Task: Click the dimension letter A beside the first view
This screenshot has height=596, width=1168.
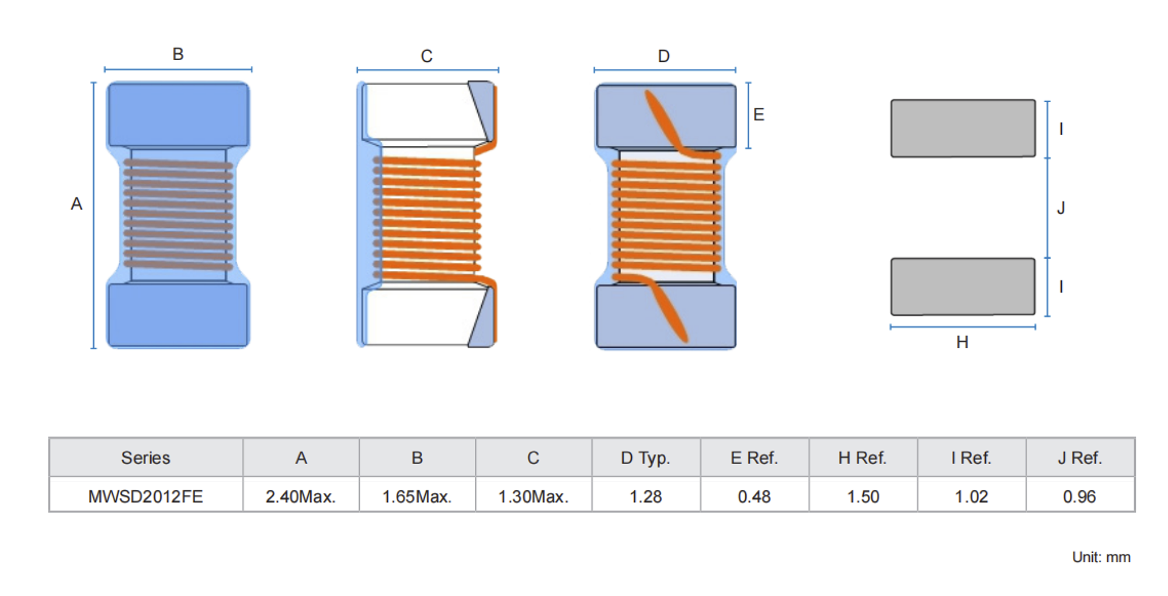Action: coord(77,204)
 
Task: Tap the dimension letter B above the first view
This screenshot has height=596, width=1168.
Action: coord(178,54)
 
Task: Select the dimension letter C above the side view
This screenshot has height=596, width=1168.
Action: coord(426,56)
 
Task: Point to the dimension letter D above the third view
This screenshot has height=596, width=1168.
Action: coord(663,56)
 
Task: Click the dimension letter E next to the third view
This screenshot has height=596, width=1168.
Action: coord(759,114)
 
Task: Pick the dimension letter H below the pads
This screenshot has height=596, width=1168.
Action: coord(962,342)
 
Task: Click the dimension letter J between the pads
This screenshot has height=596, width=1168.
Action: coord(1061,208)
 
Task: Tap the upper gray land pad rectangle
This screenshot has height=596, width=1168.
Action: coord(962,128)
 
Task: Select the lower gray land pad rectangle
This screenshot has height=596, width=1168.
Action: coord(962,287)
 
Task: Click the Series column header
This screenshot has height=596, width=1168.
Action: coord(145,458)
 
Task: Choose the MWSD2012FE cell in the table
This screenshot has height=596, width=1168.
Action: coord(145,496)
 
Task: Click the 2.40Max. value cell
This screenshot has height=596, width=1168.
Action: coord(300,496)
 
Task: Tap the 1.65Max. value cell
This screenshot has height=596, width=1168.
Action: coord(416,496)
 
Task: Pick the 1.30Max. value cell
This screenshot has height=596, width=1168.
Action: coord(533,496)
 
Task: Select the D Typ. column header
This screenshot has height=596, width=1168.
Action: coord(645,458)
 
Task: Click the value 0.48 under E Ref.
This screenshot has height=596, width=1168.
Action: coord(754,496)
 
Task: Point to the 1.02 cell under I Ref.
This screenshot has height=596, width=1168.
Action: coord(971,496)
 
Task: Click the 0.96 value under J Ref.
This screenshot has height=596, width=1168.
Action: coord(1079,496)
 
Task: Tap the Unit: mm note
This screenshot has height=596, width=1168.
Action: coord(1101,557)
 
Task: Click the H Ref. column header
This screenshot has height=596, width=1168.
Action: coord(863,458)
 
